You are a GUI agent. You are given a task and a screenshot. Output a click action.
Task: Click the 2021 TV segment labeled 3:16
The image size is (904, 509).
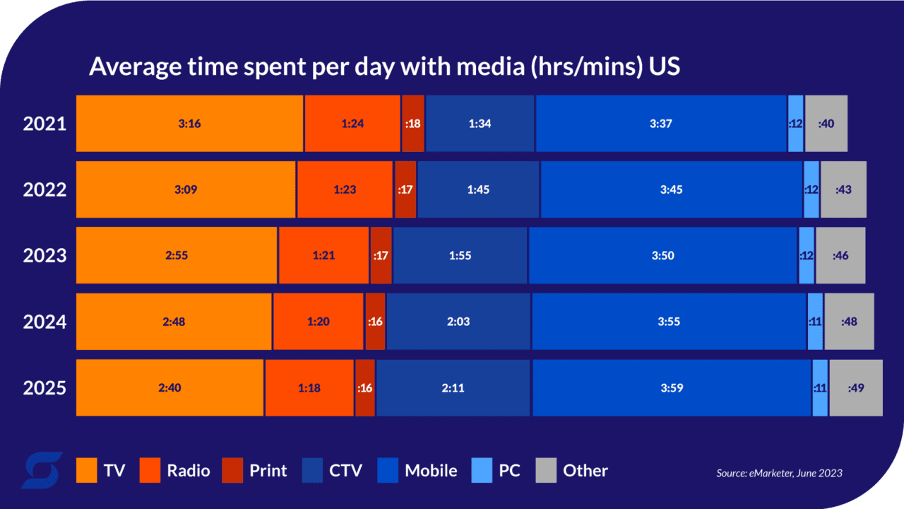click(x=189, y=124)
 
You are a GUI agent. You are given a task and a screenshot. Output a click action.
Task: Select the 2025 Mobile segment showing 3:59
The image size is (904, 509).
click(x=671, y=388)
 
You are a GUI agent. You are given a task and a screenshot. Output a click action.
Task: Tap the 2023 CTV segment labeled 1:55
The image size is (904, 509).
click(x=460, y=255)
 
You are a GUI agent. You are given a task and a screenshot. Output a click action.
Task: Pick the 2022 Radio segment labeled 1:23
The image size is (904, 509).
click(x=345, y=189)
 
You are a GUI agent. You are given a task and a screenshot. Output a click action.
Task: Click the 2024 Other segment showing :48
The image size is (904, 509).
click(x=849, y=322)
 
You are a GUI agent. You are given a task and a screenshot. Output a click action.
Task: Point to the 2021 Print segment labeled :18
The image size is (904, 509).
click(x=413, y=124)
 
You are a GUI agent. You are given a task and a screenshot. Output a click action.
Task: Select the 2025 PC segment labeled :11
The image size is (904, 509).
click(x=820, y=388)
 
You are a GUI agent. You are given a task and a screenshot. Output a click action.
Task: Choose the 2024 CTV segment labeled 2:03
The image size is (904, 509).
click(x=458, y=322)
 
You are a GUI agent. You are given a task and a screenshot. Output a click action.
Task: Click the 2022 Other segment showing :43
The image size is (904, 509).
click(x=843, y=189)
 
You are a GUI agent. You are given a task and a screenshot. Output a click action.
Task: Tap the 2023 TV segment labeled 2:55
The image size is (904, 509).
click(x=177, y=255)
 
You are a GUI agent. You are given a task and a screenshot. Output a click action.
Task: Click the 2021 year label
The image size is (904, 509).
click(x=44, y=124)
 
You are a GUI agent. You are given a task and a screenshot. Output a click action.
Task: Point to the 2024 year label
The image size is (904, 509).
click(x=44, y=322)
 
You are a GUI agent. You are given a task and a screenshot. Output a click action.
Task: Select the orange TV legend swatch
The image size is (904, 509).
click(x=86, y=470)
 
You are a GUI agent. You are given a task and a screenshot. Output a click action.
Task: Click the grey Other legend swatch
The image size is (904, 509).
click(x=546, y=470)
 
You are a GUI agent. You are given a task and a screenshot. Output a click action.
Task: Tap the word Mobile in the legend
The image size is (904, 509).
click(x=431, y=470)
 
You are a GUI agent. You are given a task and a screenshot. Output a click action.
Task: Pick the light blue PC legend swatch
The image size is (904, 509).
click(x=481, y=470)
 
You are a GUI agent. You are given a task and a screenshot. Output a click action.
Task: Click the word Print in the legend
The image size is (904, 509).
click(x=268, y=470)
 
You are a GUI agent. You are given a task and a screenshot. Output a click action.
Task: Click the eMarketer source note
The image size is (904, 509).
click(x=779, y=473)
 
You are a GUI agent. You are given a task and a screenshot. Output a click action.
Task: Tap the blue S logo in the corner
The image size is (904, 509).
click(x=42, y=470)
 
